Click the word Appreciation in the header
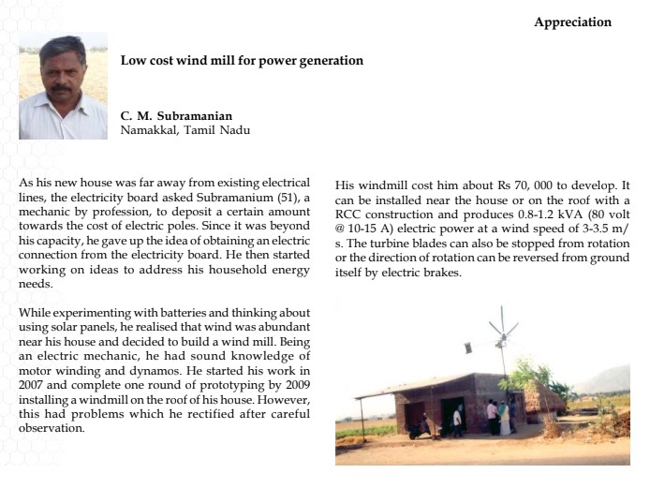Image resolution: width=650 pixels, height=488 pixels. pyautogui.click(x=572, y=22)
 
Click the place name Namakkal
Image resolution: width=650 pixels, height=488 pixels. pyautogui.click(x=149, y=130)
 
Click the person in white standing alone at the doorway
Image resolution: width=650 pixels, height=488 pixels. pyautogui.click(x=456, y=421)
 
